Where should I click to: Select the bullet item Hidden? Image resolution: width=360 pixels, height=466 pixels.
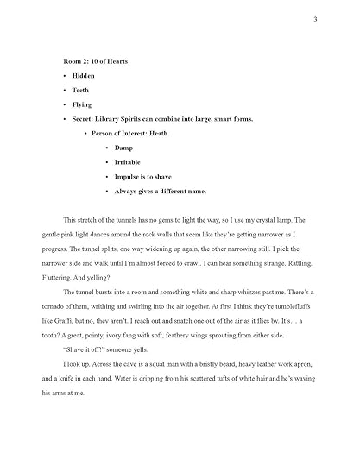[x=85, y=76]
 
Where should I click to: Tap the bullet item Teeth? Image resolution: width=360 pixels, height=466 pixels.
[x=82, y=90]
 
